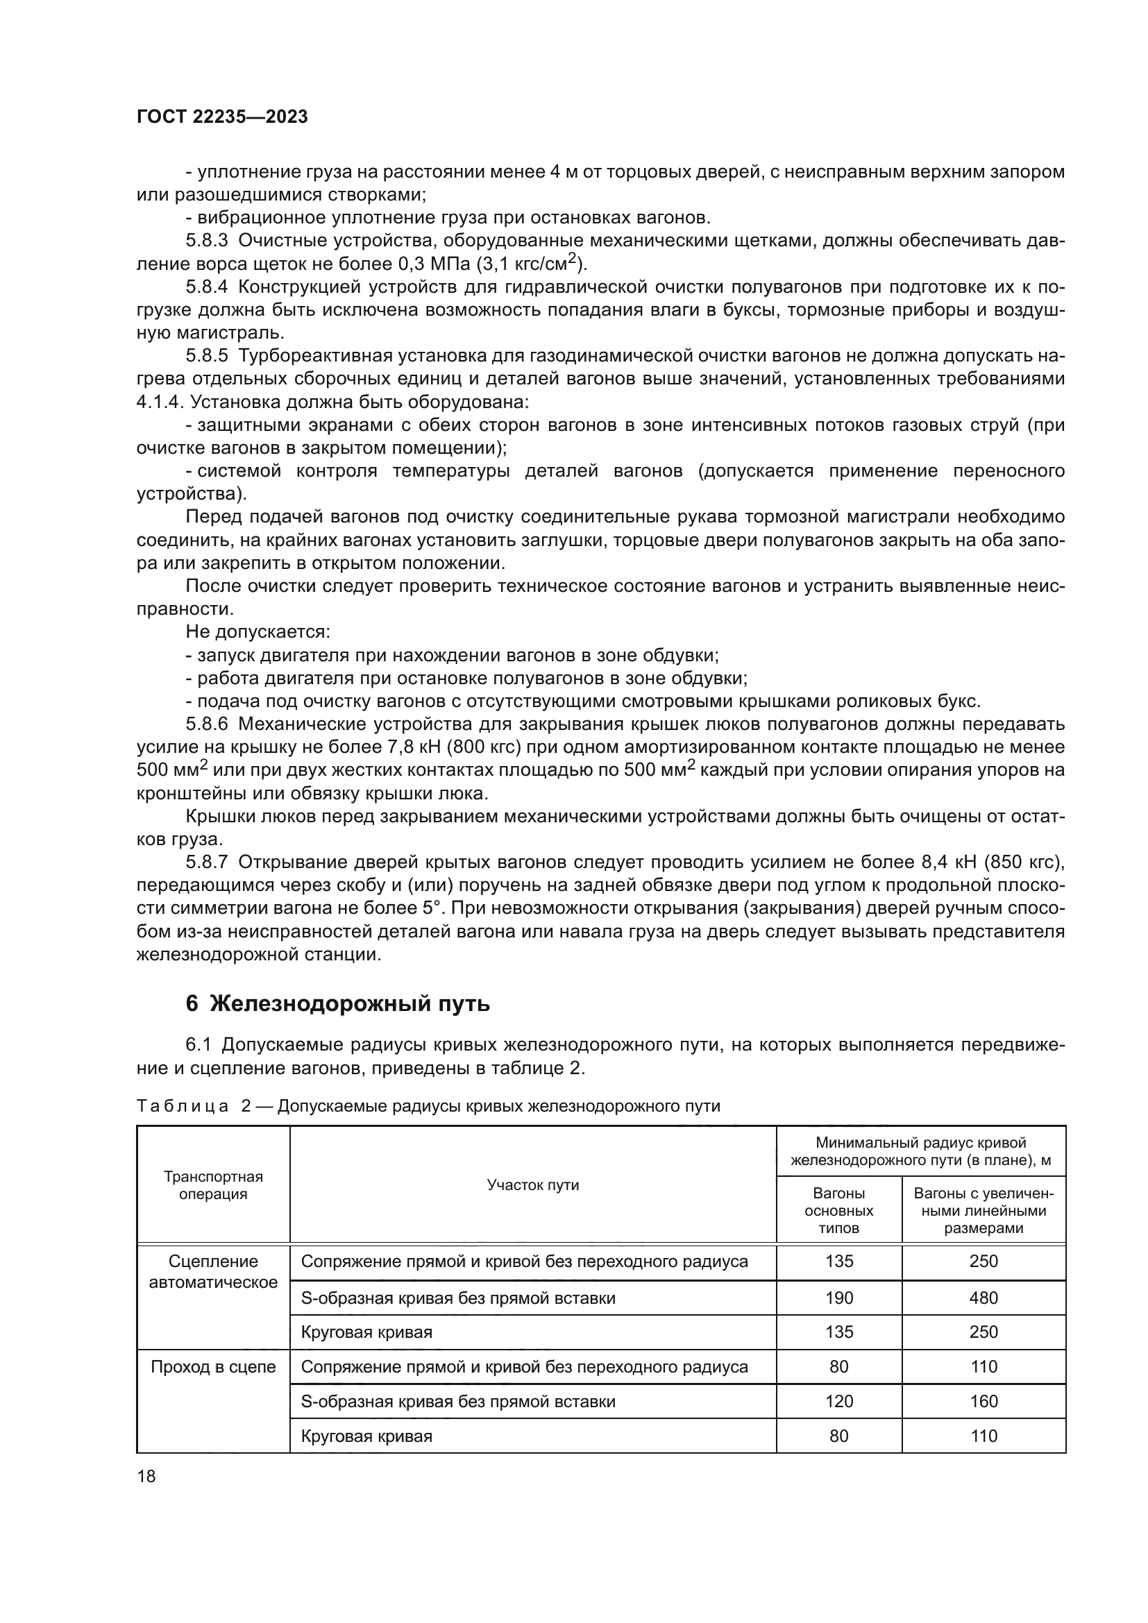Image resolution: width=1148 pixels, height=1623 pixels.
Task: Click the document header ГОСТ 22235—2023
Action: click(222, 117)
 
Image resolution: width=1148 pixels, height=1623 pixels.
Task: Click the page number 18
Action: click(146, 1475)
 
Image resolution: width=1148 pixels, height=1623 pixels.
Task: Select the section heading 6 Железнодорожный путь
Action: click(337, 1003)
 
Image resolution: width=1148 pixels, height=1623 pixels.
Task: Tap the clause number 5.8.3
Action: click(206, 240)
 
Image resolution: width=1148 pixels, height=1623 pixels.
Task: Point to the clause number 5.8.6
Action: click(206, 724)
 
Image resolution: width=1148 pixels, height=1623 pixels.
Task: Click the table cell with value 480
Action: click(984, 1298)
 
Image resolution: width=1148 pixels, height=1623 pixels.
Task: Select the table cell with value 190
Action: click(838, 1298)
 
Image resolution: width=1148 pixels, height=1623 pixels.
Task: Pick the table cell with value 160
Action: click(984, 1401)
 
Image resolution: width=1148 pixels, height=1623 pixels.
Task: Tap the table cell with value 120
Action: click(838, 1401)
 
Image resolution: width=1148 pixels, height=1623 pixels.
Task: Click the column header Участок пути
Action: click(532, 1185)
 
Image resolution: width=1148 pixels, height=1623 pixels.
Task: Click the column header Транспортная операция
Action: click(213, 1185)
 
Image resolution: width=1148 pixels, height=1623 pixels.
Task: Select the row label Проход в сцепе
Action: click(213, 1366)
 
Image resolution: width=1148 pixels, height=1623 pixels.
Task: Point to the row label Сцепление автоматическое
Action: click(213, 1272)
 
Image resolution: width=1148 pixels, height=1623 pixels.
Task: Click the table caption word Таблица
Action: click(182, 1106)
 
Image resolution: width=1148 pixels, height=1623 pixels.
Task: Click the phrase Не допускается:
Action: click(258, 632)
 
